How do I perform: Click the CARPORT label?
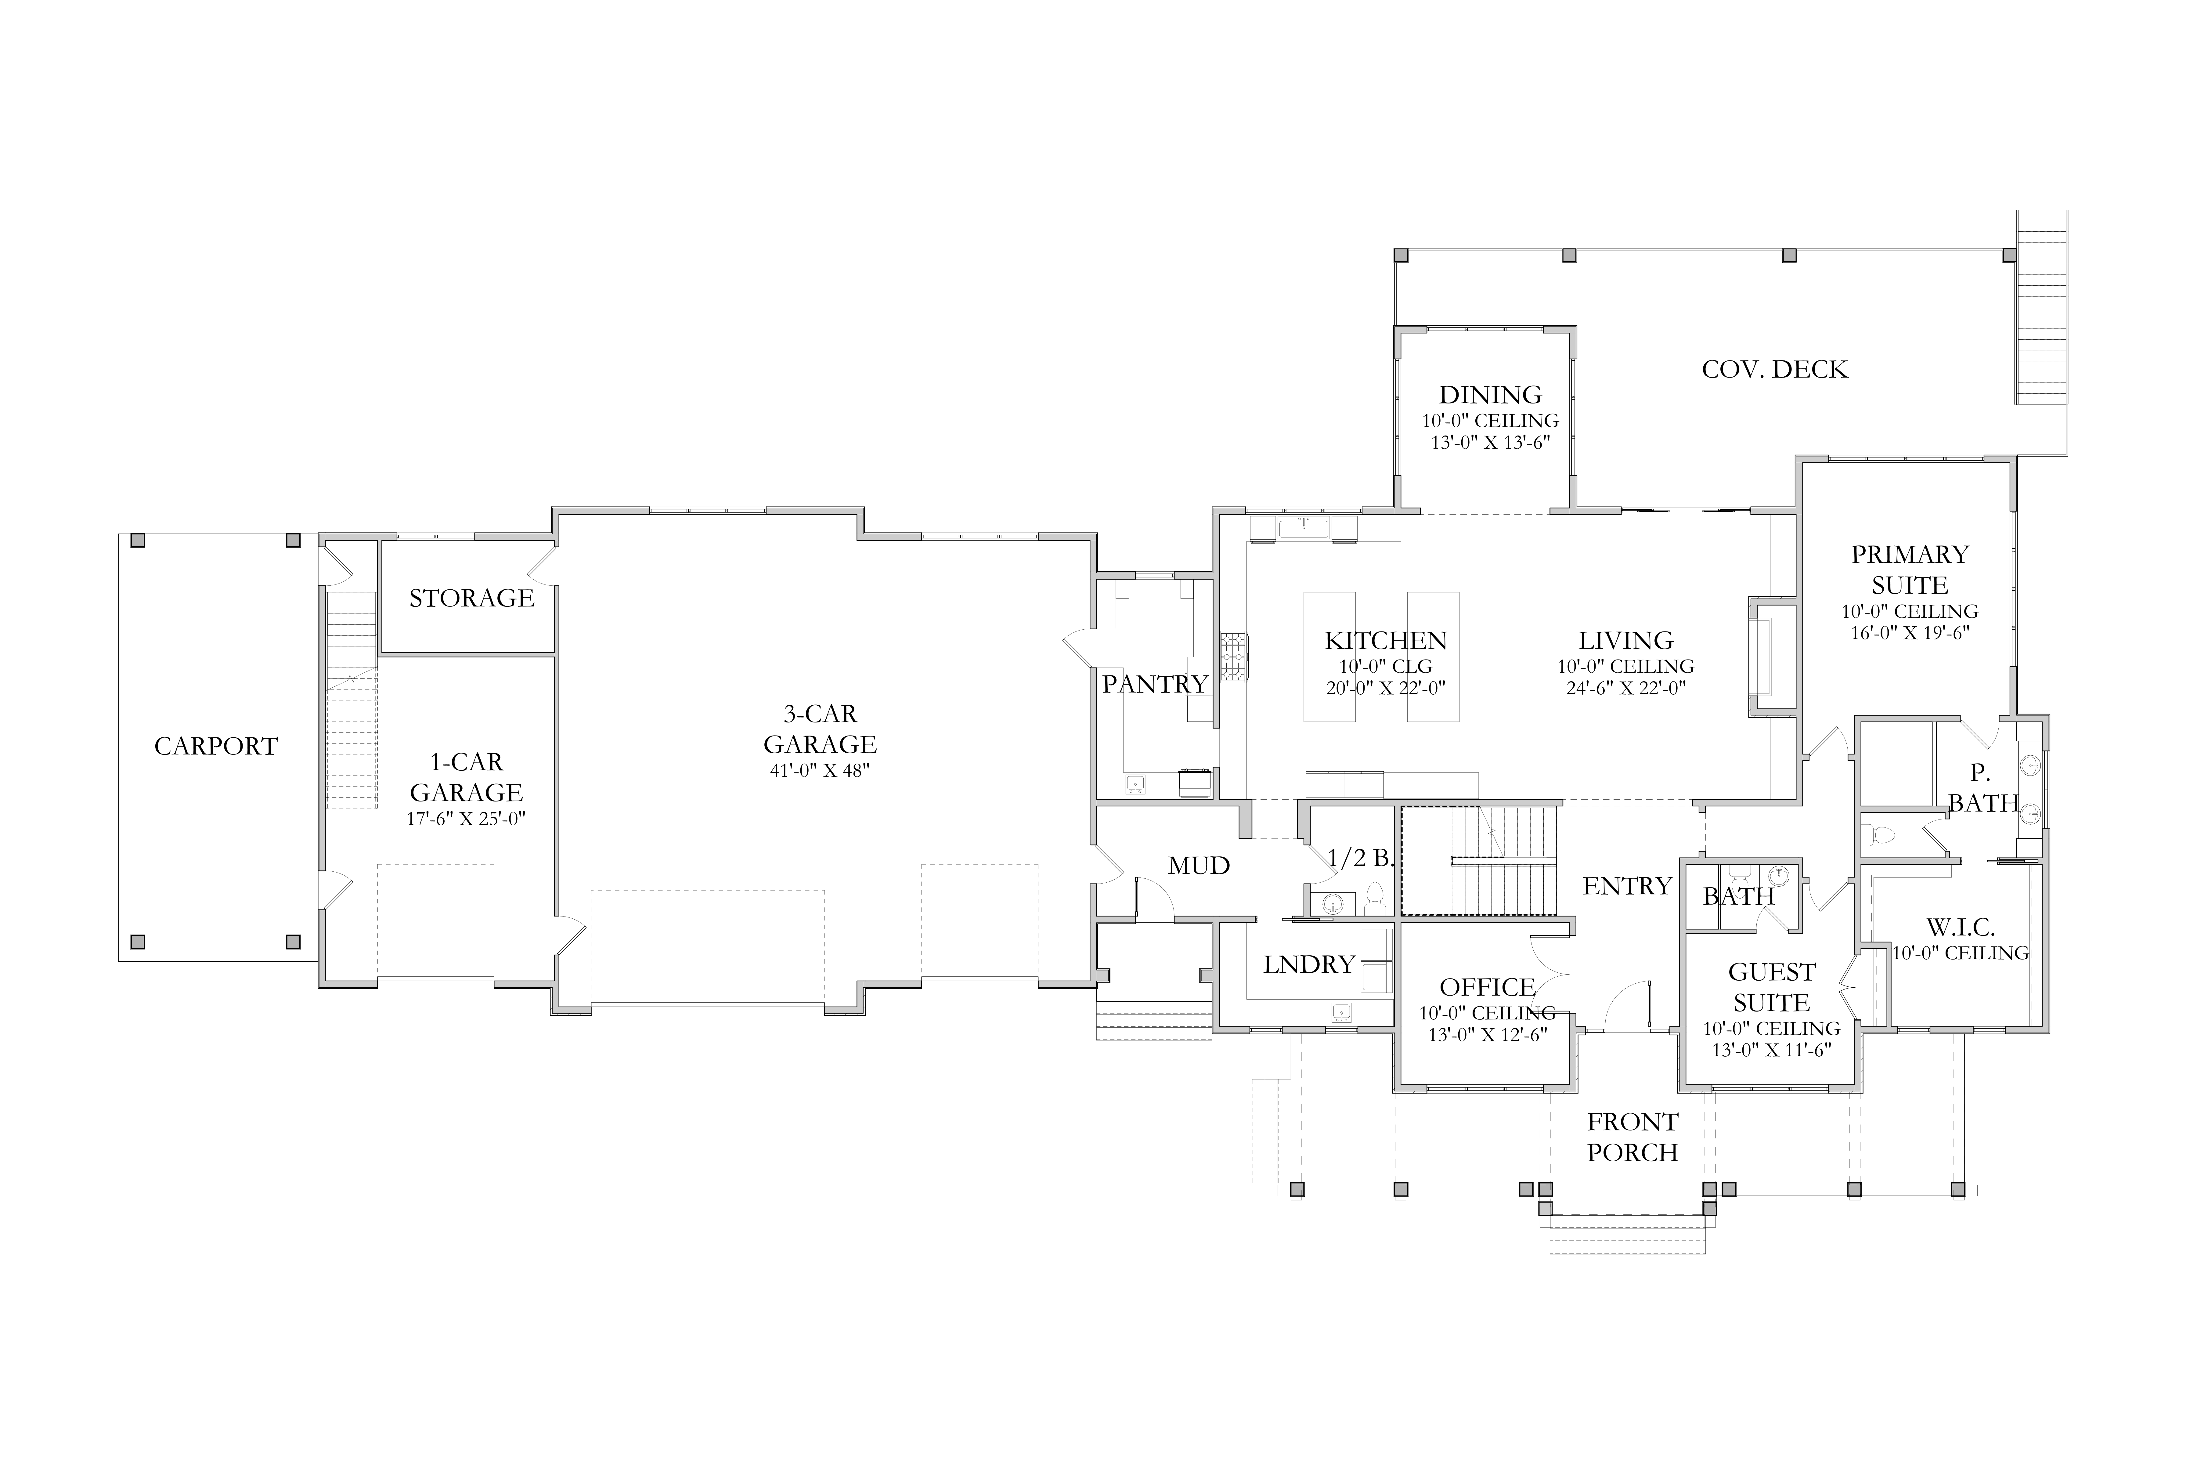click(216, 747)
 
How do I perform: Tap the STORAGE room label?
click(472, 598)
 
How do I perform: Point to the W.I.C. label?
click(1961, 928)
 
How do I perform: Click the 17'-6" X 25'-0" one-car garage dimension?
click(466, 819)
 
